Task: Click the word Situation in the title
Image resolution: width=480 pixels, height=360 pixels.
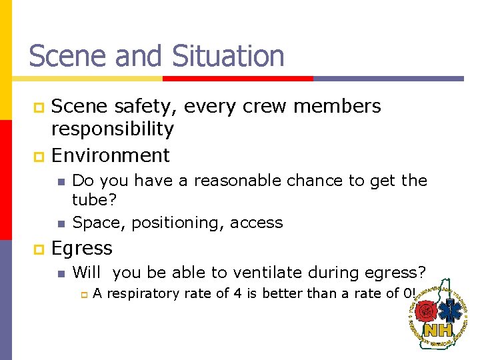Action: (x=228, y=56)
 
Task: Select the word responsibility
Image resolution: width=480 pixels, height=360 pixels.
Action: (x=112, y=129)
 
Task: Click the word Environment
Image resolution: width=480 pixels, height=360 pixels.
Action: (x=110, y=155)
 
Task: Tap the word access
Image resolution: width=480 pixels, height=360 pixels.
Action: (x=256, y=223)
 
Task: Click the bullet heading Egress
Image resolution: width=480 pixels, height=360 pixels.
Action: (x=81, y=248)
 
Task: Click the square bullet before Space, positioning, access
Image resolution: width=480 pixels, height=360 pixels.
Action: (x=60, y=223)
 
